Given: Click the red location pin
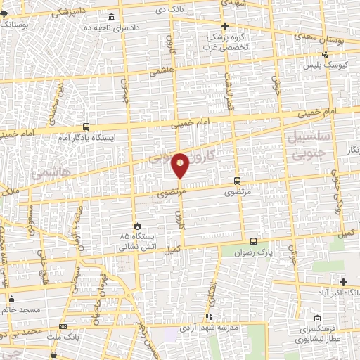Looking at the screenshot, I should pos(180,165).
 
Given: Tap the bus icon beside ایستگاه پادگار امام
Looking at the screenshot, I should pos(86,127).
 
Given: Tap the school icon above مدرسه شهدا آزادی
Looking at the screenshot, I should pos(207,317).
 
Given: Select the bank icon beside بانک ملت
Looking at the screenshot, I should pos(63,326).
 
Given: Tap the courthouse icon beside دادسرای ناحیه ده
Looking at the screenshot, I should pos(111,17).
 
